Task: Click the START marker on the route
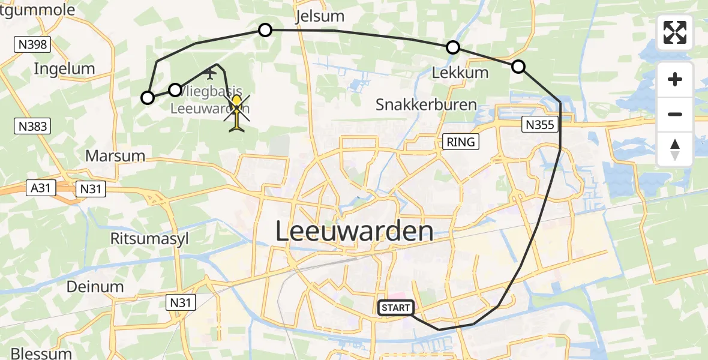click(x=395, y=308)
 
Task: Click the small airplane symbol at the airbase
click(x=210, y=74)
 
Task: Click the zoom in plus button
click(x=675, y=80)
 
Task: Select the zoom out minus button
click(x=675, y=114)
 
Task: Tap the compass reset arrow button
click(x=675, y=149)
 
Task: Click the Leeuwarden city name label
click(x=354, y=232)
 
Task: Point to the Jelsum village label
click(x=320, y=15)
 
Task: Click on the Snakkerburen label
click(x=426, y=105)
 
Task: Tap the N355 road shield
click(x=540, y=125)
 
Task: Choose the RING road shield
click(x=461, y=142)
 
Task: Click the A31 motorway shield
click(x=41, y=188)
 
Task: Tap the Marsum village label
click(x=115, y=156)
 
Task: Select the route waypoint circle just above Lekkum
click(x=453, y=47)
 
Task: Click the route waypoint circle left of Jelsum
click(x=265, y=29)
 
